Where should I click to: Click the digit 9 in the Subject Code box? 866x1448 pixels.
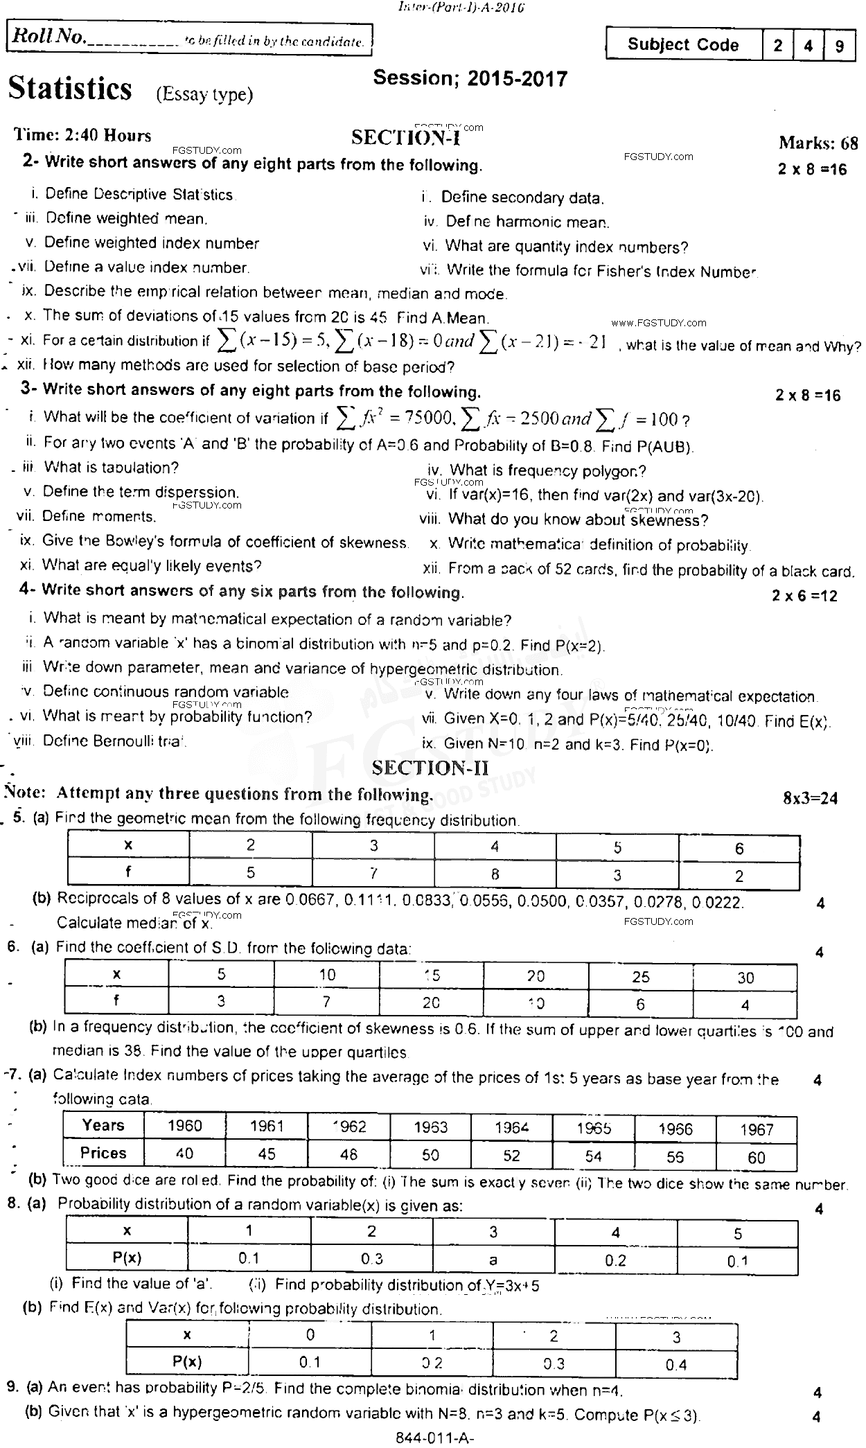[840, 46]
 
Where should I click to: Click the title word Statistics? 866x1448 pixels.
[69, 90]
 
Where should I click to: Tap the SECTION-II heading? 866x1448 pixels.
[430, 767]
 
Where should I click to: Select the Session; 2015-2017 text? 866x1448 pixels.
[470, 79]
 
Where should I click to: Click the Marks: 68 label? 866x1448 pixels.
[818, 143]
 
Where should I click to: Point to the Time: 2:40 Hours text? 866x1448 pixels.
[83, 136]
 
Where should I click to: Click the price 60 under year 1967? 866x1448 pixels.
[757, 1157]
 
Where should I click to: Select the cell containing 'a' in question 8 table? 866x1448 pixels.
[493, 1260]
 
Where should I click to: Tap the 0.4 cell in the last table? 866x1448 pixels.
[676, 1364]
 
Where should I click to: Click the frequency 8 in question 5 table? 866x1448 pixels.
[495, 874]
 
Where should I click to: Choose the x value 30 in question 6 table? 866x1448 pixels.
[745, 978]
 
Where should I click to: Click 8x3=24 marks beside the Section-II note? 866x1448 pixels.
[810, 798]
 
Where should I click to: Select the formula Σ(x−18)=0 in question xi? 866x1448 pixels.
[392, 340]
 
